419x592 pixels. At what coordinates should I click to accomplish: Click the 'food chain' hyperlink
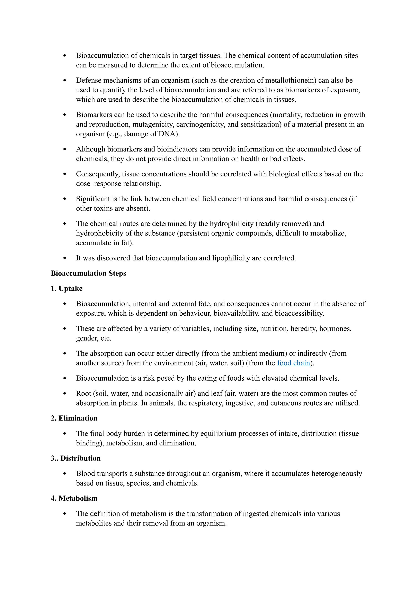click(x=293, y=363)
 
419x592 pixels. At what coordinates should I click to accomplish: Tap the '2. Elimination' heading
click(x=74, y=418)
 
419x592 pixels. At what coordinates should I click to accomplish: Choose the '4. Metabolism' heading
click(x=74, y=498)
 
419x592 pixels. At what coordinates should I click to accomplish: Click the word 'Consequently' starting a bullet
click(x=98, y=174)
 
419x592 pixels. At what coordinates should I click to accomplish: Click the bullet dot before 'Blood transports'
click(x=64, y=474)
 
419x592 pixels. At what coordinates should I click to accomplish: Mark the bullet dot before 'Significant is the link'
click(x=64, y=199)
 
